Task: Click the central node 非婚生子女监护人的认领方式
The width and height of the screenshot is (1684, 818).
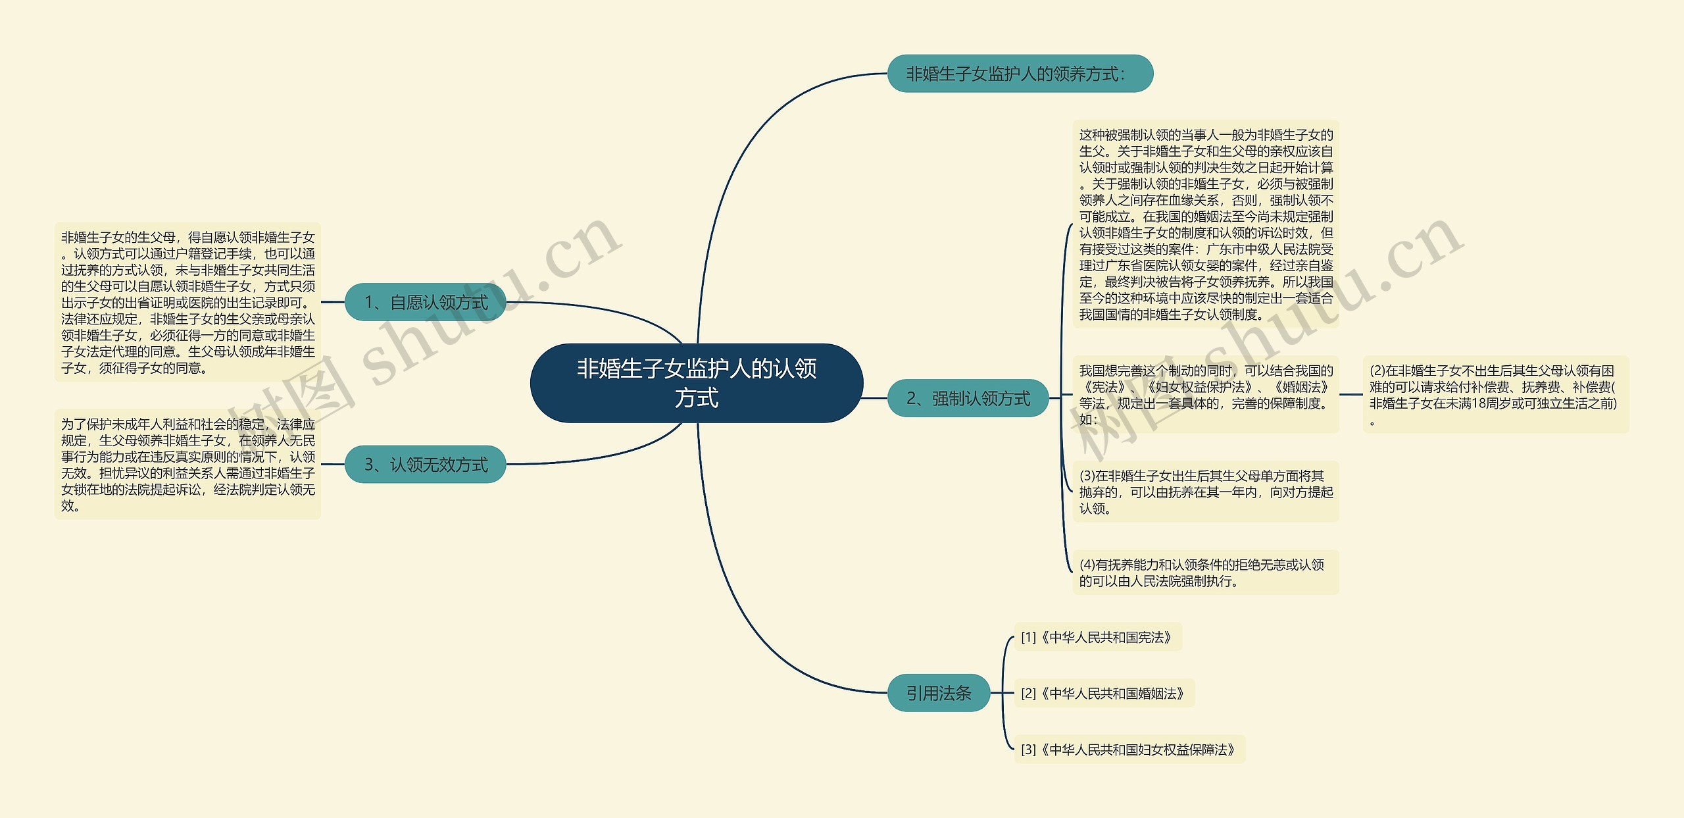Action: coord(696,383)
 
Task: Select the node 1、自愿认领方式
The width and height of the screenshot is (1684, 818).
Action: coord(425,303)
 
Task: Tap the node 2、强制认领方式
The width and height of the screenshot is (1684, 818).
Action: coord(967,398)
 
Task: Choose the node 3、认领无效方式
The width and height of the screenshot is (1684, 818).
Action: coord(425,465)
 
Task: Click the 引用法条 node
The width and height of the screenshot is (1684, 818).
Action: coord(938,693)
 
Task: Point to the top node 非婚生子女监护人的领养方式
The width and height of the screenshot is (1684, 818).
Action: coord(1020,74)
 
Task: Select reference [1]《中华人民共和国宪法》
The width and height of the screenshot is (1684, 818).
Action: coord(1097,637)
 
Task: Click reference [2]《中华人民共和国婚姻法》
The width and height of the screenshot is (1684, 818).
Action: coord(1103,694)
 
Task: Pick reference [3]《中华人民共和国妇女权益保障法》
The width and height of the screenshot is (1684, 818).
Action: coord(1129,750)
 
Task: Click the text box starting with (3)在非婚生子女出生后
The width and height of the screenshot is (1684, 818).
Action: coord(1205,492)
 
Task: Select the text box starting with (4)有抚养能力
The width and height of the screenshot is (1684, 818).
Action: coord(1205,573)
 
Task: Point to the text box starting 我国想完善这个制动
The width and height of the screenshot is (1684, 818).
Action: coord(1205,395)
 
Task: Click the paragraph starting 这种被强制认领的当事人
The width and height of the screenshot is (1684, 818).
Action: coord(1205,224)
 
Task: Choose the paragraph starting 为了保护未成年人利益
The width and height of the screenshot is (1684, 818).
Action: coord(187,465)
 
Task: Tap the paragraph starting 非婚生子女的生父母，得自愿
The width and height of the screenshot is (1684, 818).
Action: coord(187,303)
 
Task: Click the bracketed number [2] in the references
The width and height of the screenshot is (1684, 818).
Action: coord(1028,694)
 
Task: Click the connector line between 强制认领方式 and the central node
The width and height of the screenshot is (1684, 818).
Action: coord(875,398)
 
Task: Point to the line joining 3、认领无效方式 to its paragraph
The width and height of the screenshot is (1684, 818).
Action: coord(333,465)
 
